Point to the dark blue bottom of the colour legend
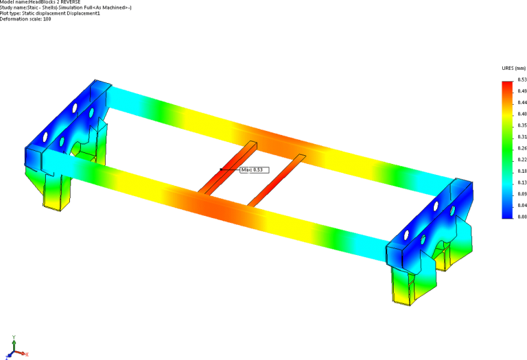(506, 213)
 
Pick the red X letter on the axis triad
(27, 354)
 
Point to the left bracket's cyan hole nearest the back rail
(91, 112)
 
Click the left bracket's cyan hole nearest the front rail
(61, 142)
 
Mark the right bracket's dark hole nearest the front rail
(407, 234)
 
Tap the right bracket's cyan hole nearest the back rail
(453, 209)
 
